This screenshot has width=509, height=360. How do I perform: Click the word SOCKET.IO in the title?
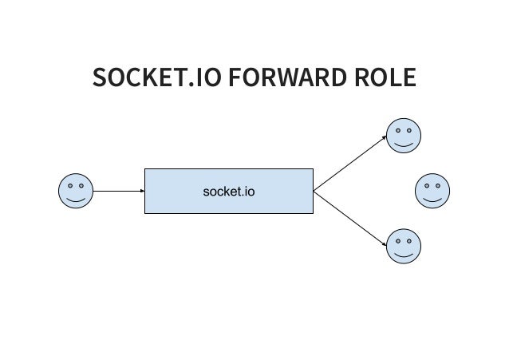coord(157,77)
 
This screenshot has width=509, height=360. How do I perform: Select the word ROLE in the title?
coord(385,77)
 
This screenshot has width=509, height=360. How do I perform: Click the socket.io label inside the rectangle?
coord(229,192)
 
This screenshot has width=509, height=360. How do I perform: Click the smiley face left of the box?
coord(76,191)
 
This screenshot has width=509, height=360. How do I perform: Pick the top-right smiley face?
coord(404,136)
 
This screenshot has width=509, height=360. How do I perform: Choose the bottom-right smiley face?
coord(404,247)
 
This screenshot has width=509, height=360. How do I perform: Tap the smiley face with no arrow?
coord(432,191)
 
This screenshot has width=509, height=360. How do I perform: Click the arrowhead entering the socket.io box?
coord(143,191)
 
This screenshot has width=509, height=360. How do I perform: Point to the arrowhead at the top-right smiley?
coord(385,137)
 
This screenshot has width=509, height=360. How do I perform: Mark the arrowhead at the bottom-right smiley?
coord(385,244)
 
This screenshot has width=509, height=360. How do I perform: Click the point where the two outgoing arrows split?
coord(314,191)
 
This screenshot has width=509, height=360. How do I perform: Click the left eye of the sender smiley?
coord(70,185)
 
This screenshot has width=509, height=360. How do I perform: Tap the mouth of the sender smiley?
coord(76,200)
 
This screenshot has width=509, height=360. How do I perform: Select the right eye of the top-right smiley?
coord(409,130)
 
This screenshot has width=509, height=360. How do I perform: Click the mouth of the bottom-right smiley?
coord(404,255)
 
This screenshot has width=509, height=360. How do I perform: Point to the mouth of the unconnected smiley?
coord(432,200)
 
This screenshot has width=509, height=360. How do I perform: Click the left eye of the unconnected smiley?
coord(427,185)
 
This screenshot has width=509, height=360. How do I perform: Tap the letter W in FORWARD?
coord(282,77)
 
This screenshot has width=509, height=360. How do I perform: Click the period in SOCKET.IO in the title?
coord(191,85)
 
